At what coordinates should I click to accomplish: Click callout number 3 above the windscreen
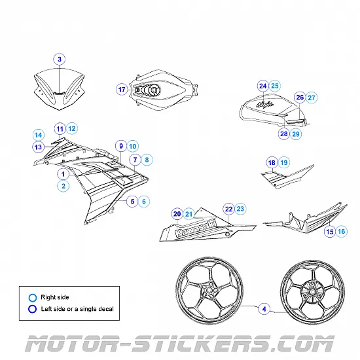[60, 59]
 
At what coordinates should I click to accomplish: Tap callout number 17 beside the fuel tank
[122, 89]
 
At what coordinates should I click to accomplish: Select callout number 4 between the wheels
[264, 309]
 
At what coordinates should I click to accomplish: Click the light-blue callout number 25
[275, 86]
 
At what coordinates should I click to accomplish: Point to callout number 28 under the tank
[284, 134]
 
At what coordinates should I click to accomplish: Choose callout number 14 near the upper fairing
[39, 135]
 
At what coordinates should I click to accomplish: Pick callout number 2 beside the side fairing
[63, 186]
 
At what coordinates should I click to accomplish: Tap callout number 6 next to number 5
[144, 202]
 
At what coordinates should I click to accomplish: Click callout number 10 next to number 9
[133, 146]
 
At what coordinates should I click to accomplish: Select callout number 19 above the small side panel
[284, 162]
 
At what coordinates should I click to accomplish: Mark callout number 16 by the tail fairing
[342, 231]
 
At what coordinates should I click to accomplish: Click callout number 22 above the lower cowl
[228, 209]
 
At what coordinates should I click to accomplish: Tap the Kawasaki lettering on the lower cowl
[196, 228]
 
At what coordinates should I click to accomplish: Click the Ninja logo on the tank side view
[264, 105]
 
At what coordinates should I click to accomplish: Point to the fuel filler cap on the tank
[153, 90]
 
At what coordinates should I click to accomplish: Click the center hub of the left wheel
[209, 290]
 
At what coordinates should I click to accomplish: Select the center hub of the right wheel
[312, 292]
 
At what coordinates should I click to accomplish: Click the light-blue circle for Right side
[33, 298]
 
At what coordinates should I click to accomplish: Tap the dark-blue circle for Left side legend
[32, 309]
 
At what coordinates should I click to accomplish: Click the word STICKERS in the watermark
[199, 344]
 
